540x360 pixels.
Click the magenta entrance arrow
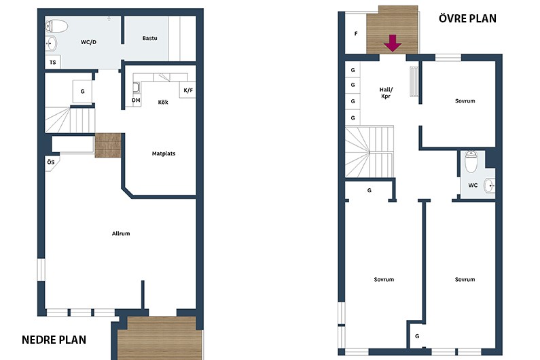393,43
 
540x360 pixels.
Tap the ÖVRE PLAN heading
467,18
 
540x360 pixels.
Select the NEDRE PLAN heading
54,340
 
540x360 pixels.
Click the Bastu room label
150,38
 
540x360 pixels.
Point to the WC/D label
88,42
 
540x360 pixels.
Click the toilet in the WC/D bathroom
56,26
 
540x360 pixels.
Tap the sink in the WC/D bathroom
52,43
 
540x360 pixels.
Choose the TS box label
53,62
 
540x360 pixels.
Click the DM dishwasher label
136,101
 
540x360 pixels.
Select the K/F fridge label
188,90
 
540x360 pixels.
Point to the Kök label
163,102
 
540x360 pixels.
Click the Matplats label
164,154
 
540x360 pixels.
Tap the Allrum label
121,234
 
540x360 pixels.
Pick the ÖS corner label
51,162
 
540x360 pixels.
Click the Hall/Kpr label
386,93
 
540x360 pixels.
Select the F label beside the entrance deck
356,34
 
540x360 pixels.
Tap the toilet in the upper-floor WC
471,162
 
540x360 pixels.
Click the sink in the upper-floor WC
489,186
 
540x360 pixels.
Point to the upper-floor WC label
473,185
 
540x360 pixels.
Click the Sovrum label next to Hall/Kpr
465,101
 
